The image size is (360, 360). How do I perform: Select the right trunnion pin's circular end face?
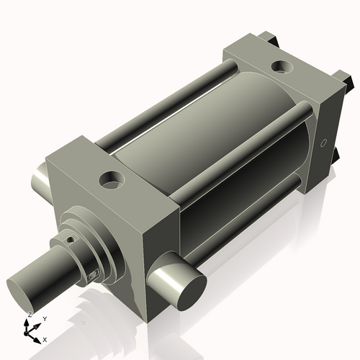pos(190,289)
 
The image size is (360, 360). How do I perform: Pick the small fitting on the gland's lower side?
pos(91,276)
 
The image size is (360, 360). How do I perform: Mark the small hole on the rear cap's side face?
pos(323,141)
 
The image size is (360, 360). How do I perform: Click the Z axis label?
pos(29,315)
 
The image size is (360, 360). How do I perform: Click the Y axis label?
pos(45,318)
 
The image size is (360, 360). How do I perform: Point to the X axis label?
pos(45,338)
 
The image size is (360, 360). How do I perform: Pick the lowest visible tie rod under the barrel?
pos(238,220)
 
